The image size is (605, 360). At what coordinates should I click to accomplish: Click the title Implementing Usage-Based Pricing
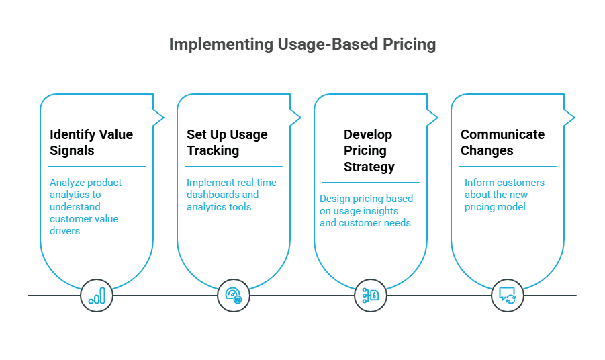coord(302,44)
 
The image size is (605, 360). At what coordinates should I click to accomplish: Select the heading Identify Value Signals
coord(91,142)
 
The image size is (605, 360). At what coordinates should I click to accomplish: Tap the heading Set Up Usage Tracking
coord(227,142)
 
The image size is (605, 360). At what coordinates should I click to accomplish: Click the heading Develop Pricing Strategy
coord(369,150)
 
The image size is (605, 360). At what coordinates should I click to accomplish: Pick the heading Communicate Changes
coord(502,142)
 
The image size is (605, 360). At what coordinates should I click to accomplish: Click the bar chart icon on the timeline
coord(97,296)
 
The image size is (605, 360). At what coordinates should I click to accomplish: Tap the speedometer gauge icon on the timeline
coord(234,296)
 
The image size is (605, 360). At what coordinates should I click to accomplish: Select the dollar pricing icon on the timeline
coord(371,296)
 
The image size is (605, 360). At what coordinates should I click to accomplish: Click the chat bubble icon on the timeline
coord(507,296)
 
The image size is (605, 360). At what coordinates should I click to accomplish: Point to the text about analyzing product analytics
coord(86,207)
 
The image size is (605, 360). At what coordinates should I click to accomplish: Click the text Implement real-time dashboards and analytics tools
coord(231,195)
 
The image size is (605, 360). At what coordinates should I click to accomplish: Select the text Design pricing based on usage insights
coord(366,211)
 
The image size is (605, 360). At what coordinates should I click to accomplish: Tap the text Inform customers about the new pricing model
coord(504,195)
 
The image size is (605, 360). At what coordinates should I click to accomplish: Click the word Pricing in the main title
coord(408,44)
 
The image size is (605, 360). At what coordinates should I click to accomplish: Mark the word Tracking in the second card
coord(213,150)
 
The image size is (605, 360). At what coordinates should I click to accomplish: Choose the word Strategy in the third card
coord(369,167)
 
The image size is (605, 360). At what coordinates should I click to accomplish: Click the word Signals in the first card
coord(72,150)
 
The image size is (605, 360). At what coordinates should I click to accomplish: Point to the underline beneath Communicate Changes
coord(508,167)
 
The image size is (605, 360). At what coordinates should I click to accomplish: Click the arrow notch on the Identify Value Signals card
coord(159,118)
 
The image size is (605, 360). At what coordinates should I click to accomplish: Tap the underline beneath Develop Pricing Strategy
coord(370,183)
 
